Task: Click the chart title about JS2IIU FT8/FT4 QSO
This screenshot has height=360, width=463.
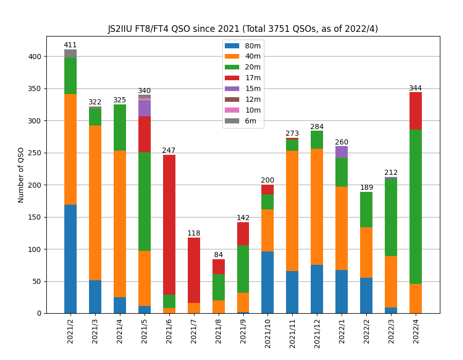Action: pyautogui.click(x=243, y=29)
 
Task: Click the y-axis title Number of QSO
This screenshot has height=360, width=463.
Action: pyautogui.click(x=21, y=175)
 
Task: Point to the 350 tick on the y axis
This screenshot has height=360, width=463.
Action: pyautogui.click(x=35, y=88)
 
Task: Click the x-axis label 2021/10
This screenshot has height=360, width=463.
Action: pyautogui.click(x=268, y=330)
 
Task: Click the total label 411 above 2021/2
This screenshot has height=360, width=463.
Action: pyautogui.click(x=70, y=45)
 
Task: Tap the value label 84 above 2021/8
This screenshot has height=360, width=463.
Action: pyautogui.click(x=219, y=255)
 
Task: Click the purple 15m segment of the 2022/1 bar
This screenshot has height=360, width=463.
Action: pyautogui.click(x=342, y=152)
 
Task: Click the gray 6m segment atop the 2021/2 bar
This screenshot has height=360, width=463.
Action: pyautogui.click(x=70, y=53)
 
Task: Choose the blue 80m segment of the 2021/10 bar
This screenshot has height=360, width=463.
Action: pyautogui.click(x=268, y=282)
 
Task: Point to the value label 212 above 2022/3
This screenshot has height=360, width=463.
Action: pyautogui.click(x=391, y=173)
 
